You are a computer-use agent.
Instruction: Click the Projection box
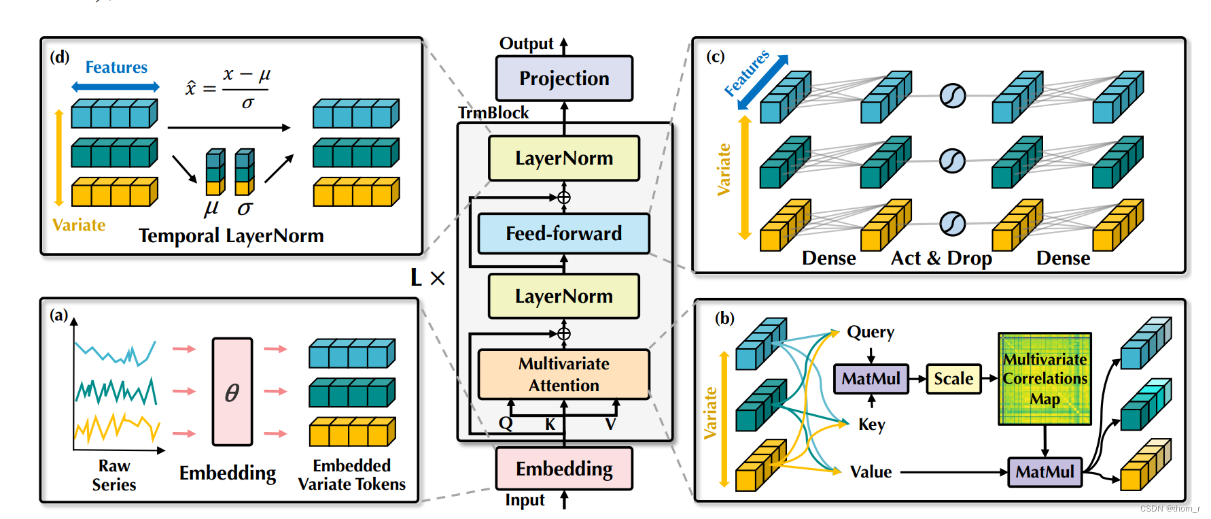[564, 78]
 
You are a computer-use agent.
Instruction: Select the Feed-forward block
[563, 233]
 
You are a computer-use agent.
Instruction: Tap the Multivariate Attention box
[563, 374]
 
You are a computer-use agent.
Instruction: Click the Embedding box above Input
[564, 469]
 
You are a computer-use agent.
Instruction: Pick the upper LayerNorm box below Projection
[564, 158]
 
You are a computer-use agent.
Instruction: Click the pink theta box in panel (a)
[232, 392]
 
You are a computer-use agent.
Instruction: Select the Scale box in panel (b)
[953, 379]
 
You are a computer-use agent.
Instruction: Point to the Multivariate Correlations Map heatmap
[1045, 379]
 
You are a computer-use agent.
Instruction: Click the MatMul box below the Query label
[871, 379]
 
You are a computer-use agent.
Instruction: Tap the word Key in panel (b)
[871, 424]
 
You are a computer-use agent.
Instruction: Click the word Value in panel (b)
[871, 472]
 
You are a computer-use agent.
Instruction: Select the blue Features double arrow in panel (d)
[116, 87]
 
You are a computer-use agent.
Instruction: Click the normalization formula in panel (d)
[228, 88]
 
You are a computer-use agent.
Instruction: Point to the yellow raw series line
[116, 428]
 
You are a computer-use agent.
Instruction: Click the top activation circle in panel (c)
[953, 96]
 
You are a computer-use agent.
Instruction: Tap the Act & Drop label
[941, 258]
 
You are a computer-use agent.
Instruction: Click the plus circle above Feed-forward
[563, 198]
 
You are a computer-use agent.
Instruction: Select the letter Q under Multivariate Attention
[505, 424]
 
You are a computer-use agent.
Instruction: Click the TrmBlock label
[493, 112]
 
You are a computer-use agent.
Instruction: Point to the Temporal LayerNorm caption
[231, 235]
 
